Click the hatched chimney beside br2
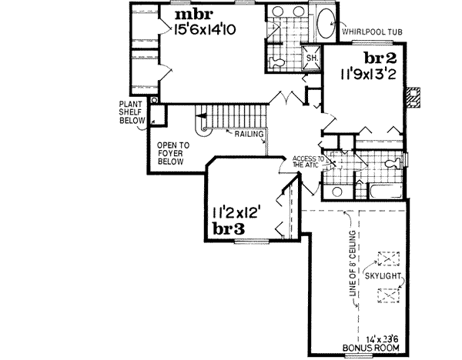pyautogui.click(x=414, y=98)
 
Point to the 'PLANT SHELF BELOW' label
pyautogui.click(x=130, y=111)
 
